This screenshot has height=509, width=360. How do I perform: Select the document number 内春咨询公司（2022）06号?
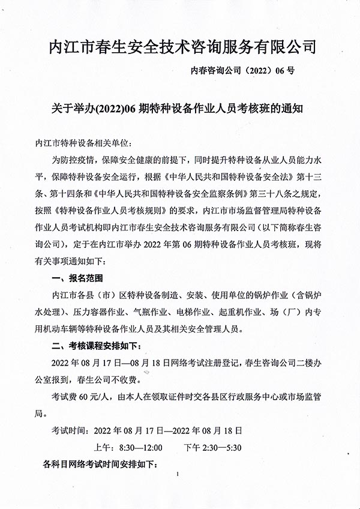[x=242, y=70]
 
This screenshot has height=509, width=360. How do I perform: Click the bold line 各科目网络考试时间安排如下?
[x=99, y=464]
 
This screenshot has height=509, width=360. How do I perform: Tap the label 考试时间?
[x=70, y=431]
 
